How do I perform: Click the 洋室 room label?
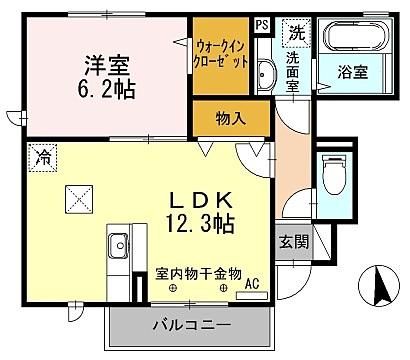click(107, 65)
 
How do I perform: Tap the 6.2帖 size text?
click(107, 89)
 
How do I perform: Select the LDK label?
click(201, 201)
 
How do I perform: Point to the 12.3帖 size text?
click(200, 223)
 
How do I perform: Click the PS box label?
click(262, 25)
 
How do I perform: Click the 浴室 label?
click(353, 72)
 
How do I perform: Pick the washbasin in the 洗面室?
click(266, 74)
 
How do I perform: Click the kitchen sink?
click(118, 246)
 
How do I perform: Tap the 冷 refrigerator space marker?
click(43, 158)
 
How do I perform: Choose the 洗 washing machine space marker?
click(296, 33)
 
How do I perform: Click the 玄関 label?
click(294, 241)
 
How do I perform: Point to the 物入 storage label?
click(231, 118)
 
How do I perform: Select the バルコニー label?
click(191, 325)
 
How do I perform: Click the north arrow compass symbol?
click(379, 286)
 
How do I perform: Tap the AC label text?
click(252, 284)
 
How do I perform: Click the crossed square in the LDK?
click(79, 200)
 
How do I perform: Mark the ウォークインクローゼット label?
click(221, 54)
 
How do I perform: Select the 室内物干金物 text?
click(198, 274)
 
